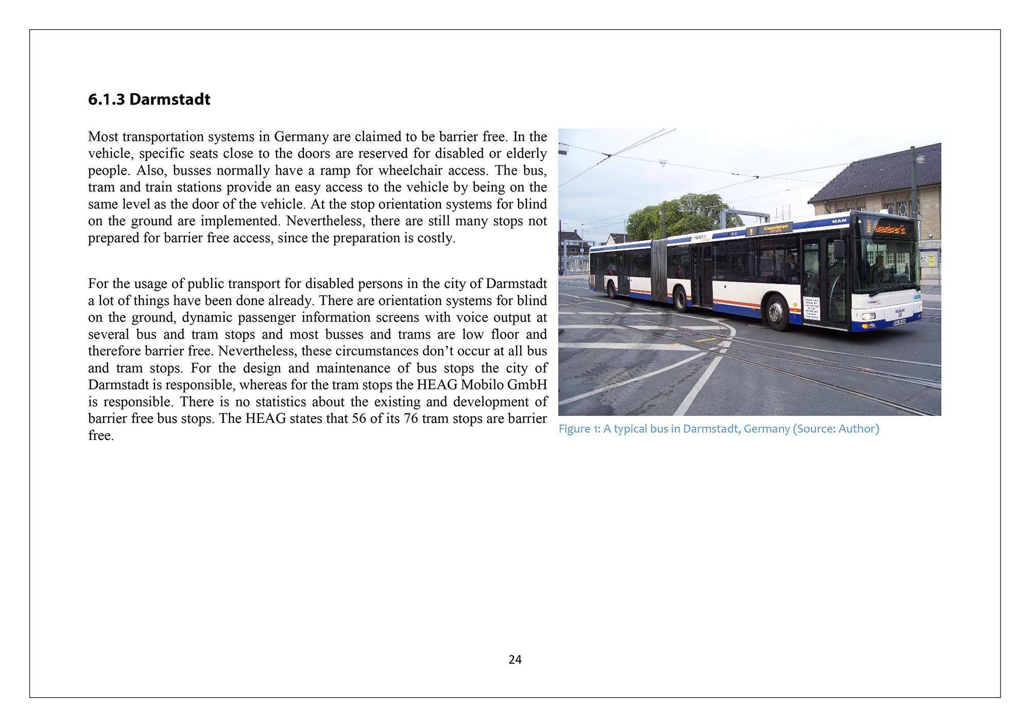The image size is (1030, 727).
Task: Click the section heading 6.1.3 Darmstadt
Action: click(149, 99)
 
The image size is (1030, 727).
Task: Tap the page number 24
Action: click(514, 660)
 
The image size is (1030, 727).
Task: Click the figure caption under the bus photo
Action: click(718, 429)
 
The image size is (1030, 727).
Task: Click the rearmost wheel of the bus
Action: click(612, 290)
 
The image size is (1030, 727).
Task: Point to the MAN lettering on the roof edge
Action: click(838, 221)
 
